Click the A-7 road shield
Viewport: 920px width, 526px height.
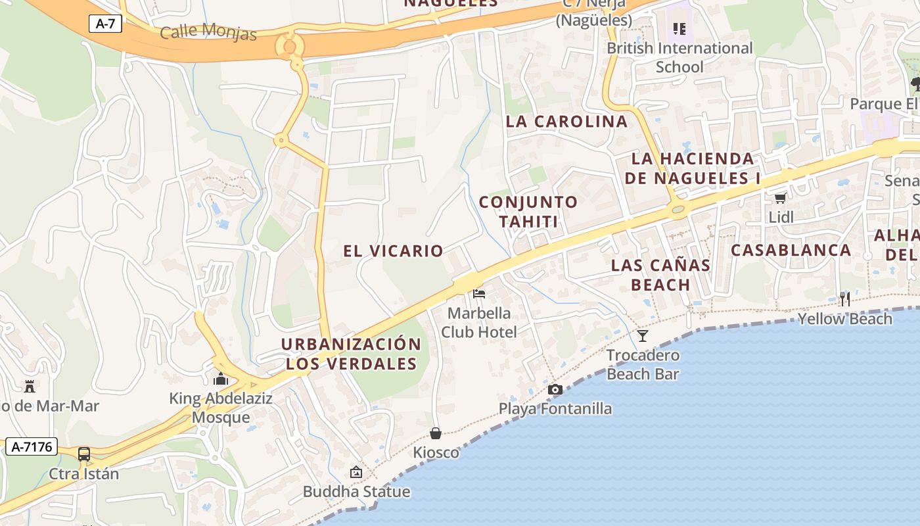click(105, 24)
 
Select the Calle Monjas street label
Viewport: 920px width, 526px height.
click(208, 31)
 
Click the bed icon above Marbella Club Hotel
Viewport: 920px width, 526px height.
click(479, 293)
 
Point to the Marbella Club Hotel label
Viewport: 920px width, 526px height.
click(479, 322)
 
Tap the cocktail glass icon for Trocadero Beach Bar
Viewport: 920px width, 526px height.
click(643, 336)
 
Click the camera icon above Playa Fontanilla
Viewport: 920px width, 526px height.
click(555, 389)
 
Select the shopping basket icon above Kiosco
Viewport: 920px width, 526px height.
click(435, 433)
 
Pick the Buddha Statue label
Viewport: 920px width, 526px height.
click(356, 491)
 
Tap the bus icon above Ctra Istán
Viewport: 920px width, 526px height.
click(84, 454)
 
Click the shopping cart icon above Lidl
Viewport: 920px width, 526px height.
click(781, 198)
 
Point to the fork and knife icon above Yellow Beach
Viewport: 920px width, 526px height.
click(845, 299)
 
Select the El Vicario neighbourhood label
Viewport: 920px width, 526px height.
click(393, 251)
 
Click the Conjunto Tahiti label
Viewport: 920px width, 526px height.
click(528, 212)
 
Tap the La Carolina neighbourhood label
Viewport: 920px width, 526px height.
click(566, 122)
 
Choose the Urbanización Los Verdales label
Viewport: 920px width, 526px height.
click(352, 354)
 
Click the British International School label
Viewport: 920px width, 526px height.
click(679, 57)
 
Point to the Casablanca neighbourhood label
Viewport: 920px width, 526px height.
click(791, 250)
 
